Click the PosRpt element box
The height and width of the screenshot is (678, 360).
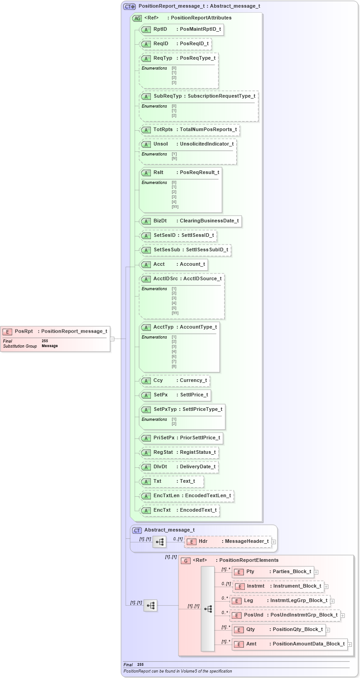[55, 331]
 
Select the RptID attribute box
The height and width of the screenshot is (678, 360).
[182, 29]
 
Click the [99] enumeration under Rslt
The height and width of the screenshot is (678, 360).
[175, 207]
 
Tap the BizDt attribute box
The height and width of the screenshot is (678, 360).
[190, 221]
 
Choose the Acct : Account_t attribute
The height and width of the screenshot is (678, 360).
[173, 264]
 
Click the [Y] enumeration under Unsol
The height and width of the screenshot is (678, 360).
[174, 154]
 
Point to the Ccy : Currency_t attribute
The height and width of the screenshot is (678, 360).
[174, 381]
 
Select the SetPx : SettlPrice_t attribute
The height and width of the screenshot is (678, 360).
[175, 395]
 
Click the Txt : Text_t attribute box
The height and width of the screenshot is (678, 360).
[172, 481]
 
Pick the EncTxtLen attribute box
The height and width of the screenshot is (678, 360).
[187, 496]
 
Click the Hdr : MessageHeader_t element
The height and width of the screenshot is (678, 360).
[228, 541]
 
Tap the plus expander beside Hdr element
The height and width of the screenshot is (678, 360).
[274, 541]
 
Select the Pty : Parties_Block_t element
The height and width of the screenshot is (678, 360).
[272, 572]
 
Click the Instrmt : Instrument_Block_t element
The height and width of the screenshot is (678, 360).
[278, 586]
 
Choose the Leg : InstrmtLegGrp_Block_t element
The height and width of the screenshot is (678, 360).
[280, 601]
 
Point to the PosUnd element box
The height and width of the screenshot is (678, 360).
[285, 615]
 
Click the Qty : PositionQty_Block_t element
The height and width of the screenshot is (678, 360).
[279, 630]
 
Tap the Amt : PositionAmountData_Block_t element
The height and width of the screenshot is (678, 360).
[289, 644]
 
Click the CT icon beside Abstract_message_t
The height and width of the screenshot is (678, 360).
[137, 530]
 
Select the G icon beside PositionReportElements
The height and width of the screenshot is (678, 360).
[185, 560]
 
